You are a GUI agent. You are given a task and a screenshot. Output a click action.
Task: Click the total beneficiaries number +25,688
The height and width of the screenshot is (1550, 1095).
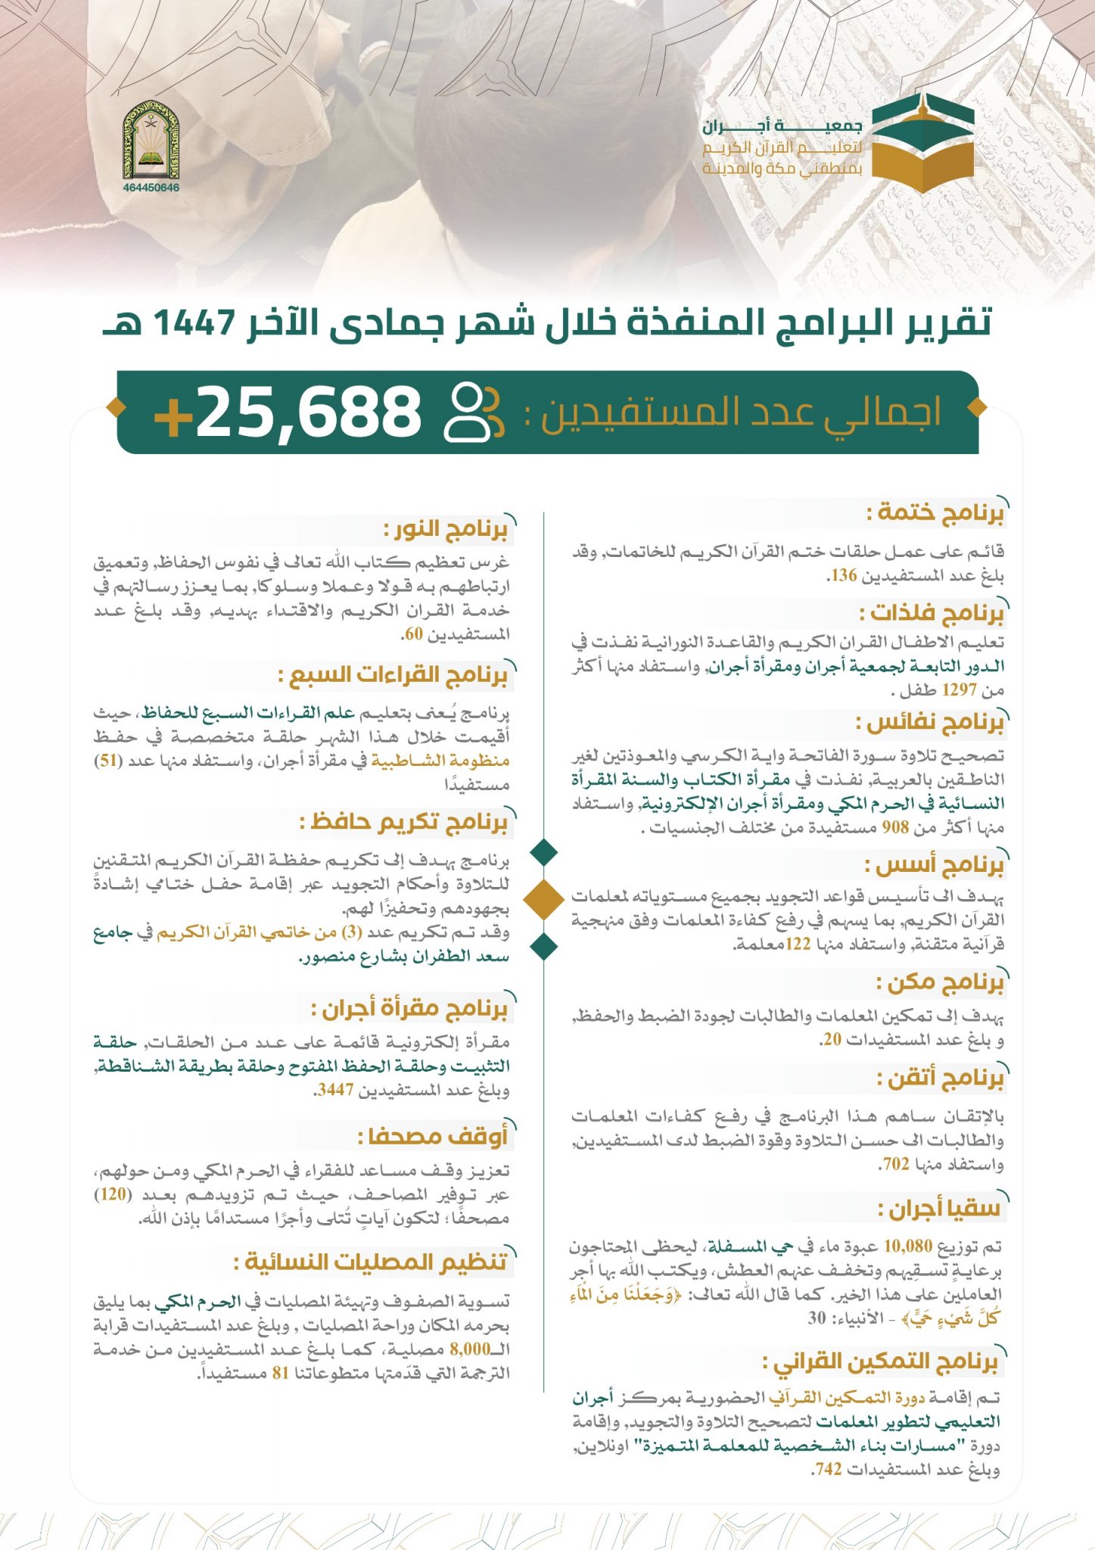288,412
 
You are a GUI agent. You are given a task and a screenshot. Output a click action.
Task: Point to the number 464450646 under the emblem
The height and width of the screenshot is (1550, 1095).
151,188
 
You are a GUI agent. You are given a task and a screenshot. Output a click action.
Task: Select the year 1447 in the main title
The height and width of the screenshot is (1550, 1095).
196,324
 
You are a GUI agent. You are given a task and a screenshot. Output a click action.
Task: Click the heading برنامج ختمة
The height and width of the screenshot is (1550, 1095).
935,513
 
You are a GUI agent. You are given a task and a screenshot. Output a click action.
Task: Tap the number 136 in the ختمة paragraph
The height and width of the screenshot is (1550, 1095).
843,576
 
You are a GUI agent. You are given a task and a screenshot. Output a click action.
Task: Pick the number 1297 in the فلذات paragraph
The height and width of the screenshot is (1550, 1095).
958,690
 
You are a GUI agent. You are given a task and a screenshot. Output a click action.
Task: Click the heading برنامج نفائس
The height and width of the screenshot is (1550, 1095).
930,724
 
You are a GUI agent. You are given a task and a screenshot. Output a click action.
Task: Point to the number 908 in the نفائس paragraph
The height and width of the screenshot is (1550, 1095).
895,827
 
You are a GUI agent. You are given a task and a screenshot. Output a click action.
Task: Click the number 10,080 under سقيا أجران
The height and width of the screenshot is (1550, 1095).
908,1247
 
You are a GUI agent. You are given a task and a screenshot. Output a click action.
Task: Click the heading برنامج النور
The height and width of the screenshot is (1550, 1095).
446,530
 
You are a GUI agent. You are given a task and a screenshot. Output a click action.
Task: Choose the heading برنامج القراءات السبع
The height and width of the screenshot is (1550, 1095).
393,675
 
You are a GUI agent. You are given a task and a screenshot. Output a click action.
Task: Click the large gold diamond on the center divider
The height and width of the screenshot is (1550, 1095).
544,898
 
